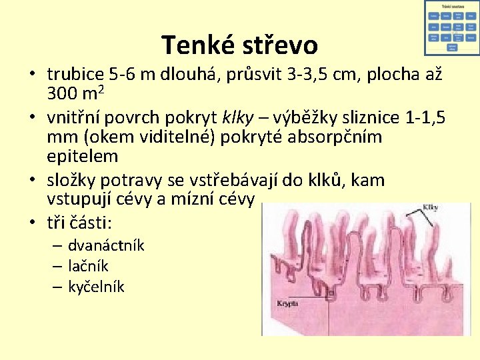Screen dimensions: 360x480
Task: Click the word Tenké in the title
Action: (193, 45)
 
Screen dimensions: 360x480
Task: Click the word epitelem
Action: (82, 157)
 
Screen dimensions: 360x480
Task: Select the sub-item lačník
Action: (88, 267)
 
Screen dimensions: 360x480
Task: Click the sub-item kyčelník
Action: (96, 287)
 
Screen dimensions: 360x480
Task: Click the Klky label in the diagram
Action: (429, 207)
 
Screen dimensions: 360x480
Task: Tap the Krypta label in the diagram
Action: (287, 304)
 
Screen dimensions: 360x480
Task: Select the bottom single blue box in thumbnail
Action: (452, 48)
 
